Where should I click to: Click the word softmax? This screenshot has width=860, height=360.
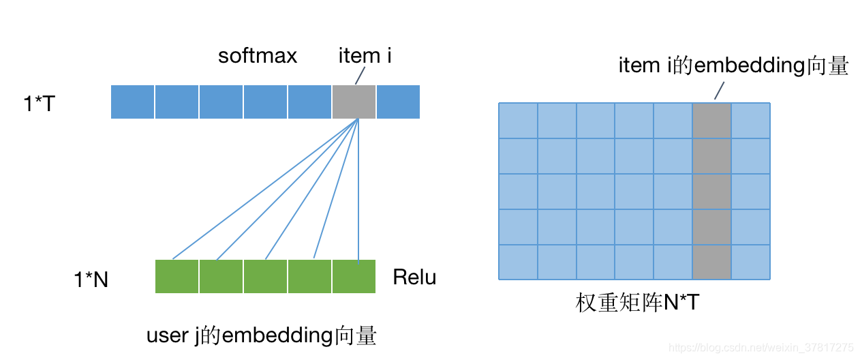tap(258, 56)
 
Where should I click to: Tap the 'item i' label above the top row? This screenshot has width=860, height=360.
tap(365, 56)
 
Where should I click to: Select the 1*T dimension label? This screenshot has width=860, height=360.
tap(39, 104)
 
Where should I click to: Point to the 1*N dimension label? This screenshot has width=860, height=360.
tap(91, 280)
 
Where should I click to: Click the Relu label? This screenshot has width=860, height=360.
tap(414, 278)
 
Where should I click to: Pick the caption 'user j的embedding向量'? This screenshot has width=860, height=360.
tap(262, 336)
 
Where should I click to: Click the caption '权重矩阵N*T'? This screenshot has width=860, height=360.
tap(637, 303)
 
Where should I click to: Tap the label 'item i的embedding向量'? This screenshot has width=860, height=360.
tap(733, 66)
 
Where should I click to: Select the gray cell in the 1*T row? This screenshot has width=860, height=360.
tap(354, 102)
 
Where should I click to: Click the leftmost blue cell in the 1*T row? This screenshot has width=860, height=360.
tap(133, 102)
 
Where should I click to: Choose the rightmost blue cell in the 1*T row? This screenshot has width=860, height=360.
tap(398, 102)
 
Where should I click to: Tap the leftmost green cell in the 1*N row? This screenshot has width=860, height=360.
tap(177, 277)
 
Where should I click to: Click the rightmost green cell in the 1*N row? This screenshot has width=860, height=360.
tap(354, 277)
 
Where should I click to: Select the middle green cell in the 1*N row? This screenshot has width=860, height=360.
tap(265, 277)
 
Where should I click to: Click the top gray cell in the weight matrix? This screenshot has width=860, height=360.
tap(712, 121)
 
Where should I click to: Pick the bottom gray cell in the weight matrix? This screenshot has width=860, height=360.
tap(712, 262)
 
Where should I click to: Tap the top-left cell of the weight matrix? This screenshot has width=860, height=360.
tap(519, 121)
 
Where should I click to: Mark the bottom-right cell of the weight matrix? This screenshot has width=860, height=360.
tap(751, 262)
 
